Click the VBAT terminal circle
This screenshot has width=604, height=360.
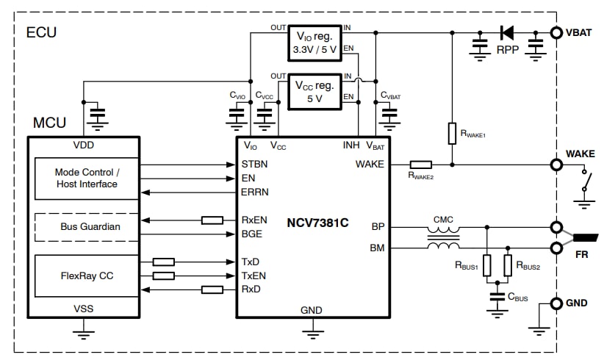pyautogui.click(x=556, y=32)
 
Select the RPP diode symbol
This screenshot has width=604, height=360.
pyautogui.click(x=507, y=32)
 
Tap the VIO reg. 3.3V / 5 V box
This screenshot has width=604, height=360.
pyautogui.click(x=314, y=43)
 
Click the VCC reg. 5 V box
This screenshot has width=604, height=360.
pyautogui.click(x=314, y=91)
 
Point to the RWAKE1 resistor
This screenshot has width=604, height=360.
pyautogui.click(x=452, y=134)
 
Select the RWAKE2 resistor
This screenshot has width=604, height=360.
pyautogui.click(x=420, y=165)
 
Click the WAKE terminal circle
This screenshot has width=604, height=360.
pyautogui.click(x=556, y=165)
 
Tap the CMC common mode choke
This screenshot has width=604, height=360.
pyautogui.click(x=443, y=237)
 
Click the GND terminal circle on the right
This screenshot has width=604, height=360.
pyautogui.click(x=556, y=303)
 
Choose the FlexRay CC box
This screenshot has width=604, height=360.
pyautogui.click(x=86, y=276)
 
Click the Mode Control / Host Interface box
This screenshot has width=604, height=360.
pyautogui.click(x=86, y=178)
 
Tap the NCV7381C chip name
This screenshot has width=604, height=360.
pyautogui.click(x=318, y=221)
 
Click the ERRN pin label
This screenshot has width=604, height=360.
pyautogui.click(x=254, y=192)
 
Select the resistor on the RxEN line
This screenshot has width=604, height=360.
pyautogui.click(x=212, y=220)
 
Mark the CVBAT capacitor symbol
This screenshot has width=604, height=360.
pyautogui.click(x=390, y=115)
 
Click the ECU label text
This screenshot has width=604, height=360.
pyautogui.click(x=41, y=33)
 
